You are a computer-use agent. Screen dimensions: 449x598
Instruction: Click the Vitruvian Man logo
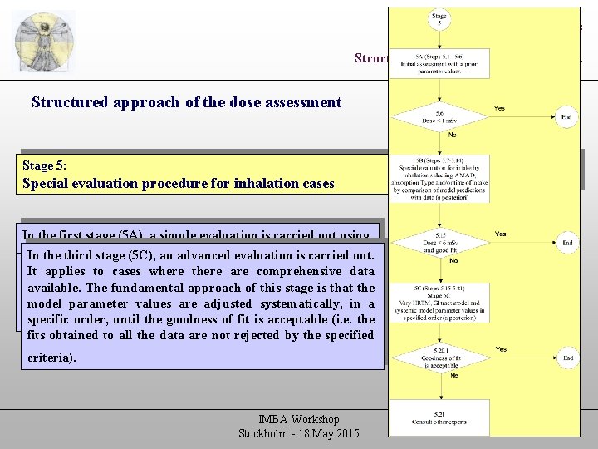[44, 42]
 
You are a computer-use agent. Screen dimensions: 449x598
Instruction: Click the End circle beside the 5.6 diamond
[566, 117]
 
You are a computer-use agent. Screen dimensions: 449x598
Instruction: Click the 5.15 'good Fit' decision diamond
[439, 243]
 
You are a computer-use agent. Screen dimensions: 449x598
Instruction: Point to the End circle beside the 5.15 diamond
[566, 243]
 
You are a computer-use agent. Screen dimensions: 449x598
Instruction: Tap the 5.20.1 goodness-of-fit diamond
[439, 359]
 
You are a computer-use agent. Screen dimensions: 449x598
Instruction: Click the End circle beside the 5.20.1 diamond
[566, 358]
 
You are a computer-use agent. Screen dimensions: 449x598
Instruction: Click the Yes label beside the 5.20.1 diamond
[501, 349]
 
